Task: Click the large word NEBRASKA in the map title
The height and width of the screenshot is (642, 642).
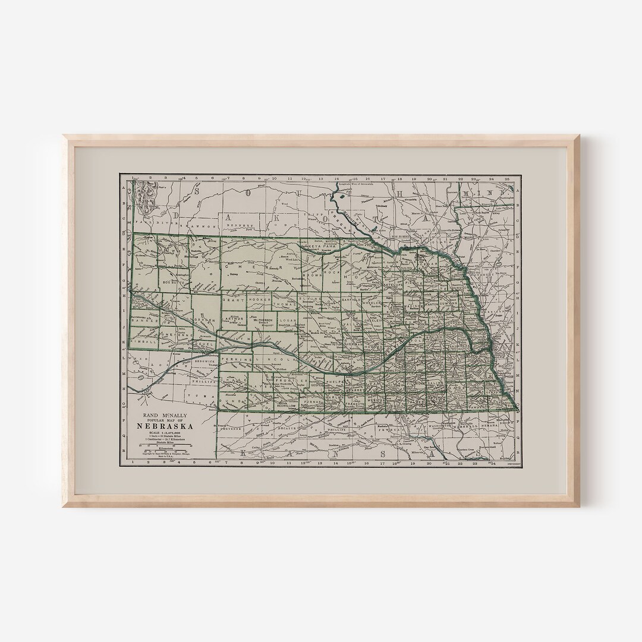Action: point(169,426)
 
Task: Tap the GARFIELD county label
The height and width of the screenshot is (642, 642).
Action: point(351,301)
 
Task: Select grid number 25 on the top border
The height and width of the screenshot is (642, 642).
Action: point(506,177)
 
